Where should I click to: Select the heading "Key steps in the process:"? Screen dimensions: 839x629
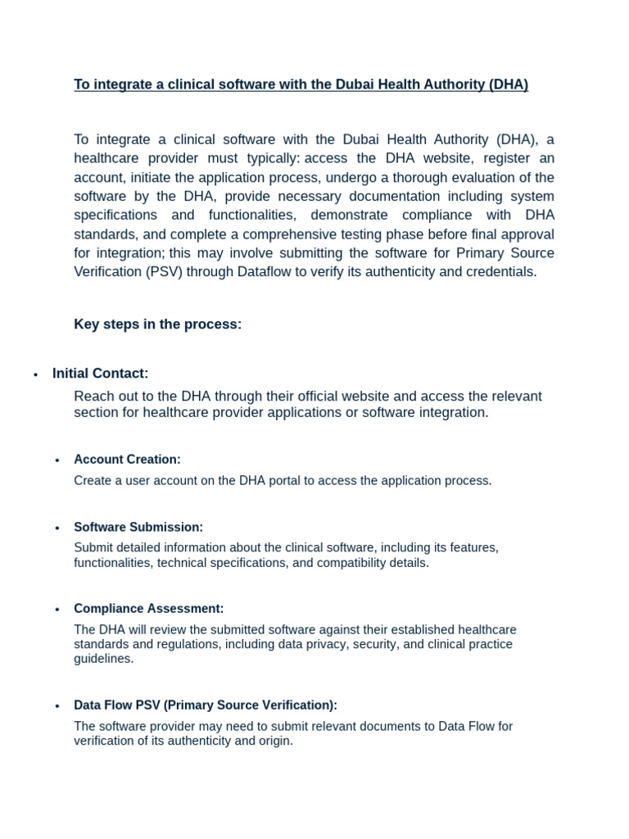pos(158,324)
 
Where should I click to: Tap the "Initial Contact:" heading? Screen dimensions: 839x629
pos(100,374)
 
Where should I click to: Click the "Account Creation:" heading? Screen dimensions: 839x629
pos(127,460)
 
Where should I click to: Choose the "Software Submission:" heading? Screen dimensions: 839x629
pos(138,528)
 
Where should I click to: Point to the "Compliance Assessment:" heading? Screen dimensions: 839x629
pos(148,609)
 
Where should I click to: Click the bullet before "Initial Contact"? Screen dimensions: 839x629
pos(36,375)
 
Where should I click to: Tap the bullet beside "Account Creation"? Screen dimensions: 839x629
pos(57,460)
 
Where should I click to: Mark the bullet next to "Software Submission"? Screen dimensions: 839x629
pos(57,528)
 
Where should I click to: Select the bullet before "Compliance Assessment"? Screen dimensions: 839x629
pos(57,610)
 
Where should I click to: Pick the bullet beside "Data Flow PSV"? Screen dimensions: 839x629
pos(57,706)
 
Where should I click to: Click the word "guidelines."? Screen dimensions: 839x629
pos(103,659)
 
